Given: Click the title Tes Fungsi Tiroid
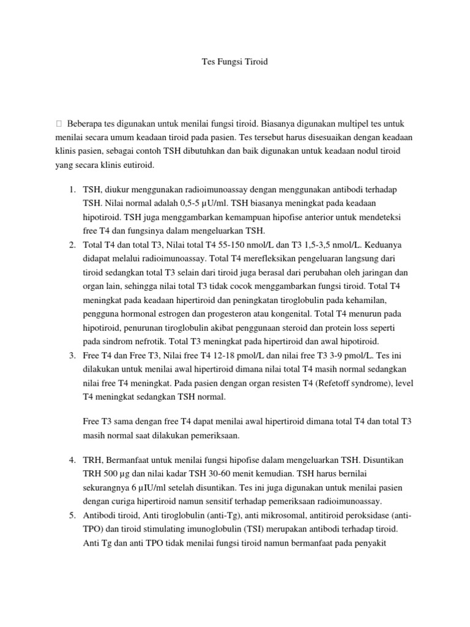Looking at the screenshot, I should click(235, 62).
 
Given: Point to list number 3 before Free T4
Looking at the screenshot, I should click(72, 355).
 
